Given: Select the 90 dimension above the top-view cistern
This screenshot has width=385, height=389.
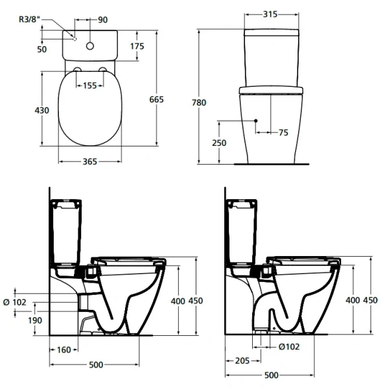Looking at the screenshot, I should click(x=102, y=19).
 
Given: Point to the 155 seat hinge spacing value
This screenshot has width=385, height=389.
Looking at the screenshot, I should click(x=90, y=85).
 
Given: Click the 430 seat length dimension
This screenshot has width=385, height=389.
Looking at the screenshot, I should click(x=41, y=110).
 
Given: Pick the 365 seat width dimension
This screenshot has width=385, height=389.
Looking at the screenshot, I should click(x=90, y=161).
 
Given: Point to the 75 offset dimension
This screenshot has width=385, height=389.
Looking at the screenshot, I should click(x=283, y=132).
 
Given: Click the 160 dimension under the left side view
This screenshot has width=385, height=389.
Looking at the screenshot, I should click(x=63, y=350).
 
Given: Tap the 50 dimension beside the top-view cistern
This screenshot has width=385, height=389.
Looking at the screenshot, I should click(x=41, y=50).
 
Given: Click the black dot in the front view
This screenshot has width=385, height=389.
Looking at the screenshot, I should click(x=257, y=121).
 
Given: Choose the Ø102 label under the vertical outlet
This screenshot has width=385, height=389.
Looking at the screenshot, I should click(x=288, y=347).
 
